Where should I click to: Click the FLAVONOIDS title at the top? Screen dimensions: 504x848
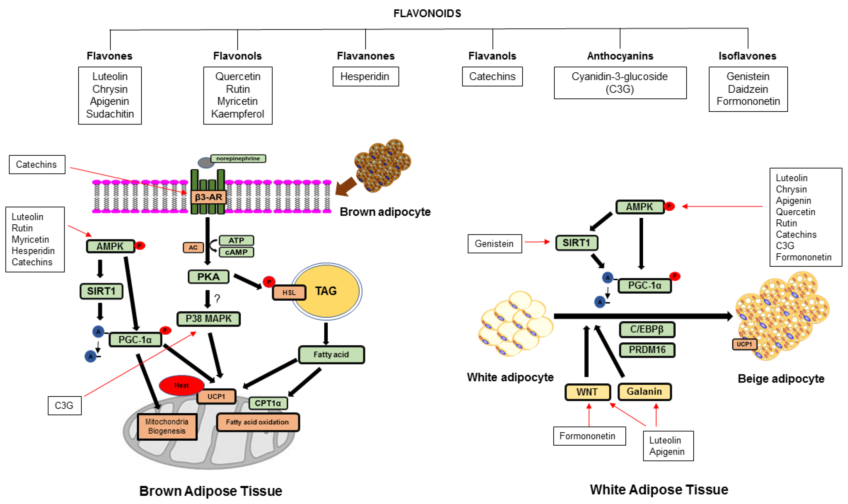427,13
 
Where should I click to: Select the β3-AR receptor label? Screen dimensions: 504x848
208,197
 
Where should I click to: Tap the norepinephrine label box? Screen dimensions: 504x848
238,158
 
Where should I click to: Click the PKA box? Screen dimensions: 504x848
208,277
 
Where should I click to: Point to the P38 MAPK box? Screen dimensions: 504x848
208,319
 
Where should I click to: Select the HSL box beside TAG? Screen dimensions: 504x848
289,293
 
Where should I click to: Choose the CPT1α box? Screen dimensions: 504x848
268,403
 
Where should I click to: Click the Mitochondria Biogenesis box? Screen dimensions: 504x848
167,426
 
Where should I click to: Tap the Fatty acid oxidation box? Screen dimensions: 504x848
257,422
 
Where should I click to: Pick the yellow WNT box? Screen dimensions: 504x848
587,392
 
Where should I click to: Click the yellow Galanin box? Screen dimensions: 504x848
644,392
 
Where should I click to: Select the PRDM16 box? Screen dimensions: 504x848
647,350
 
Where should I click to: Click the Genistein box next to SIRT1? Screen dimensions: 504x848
494,243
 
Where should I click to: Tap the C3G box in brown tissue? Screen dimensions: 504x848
64,405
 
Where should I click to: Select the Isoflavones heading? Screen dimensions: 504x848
748,56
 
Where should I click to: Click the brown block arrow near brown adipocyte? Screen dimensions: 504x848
346,187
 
